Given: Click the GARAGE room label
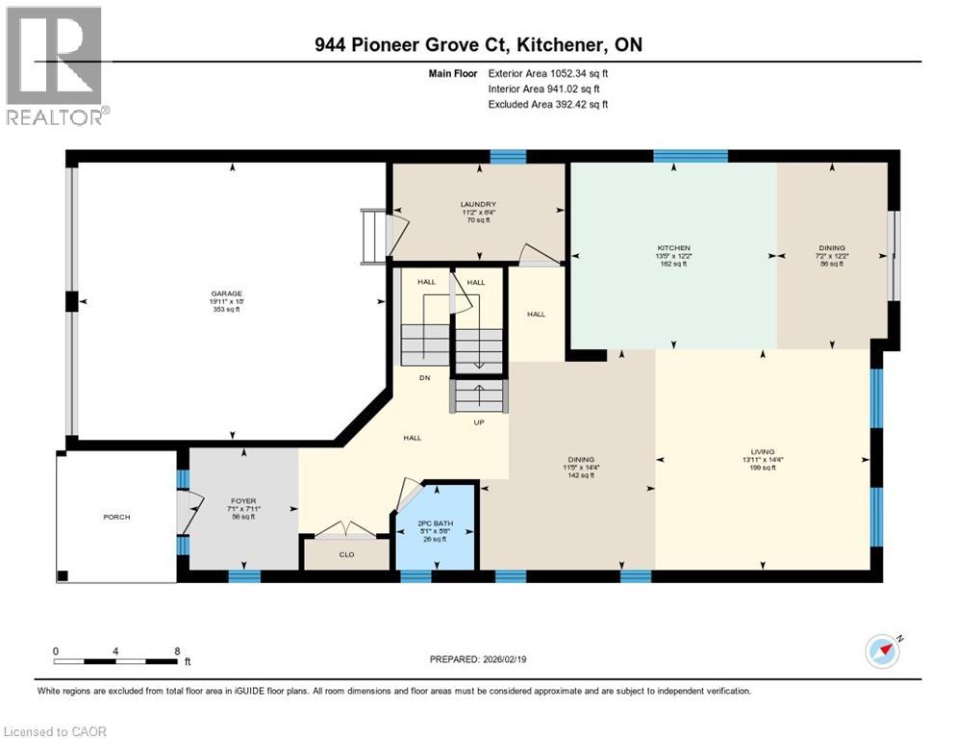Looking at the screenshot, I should [x=227, y=293].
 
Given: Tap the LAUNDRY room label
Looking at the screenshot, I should [x=477, y=204].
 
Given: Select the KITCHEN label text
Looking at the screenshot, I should [x=673, y=247].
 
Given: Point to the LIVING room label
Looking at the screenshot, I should [x=763, y=451].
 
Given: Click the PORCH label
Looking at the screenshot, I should [x=116, y=517].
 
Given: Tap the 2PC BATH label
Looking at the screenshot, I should [x=436, y=524].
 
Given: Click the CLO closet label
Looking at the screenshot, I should [x=346, y=554].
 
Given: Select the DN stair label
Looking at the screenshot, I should [x=423, y=378].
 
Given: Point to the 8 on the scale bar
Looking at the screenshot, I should [x=177, y=650].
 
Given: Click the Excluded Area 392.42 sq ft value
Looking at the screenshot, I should [x=577, y=104].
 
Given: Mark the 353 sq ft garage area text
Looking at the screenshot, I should [x=227, y=311].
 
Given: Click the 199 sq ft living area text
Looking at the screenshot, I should [x=763, y=469].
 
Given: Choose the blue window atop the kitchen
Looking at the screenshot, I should [x=691, y=155].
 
